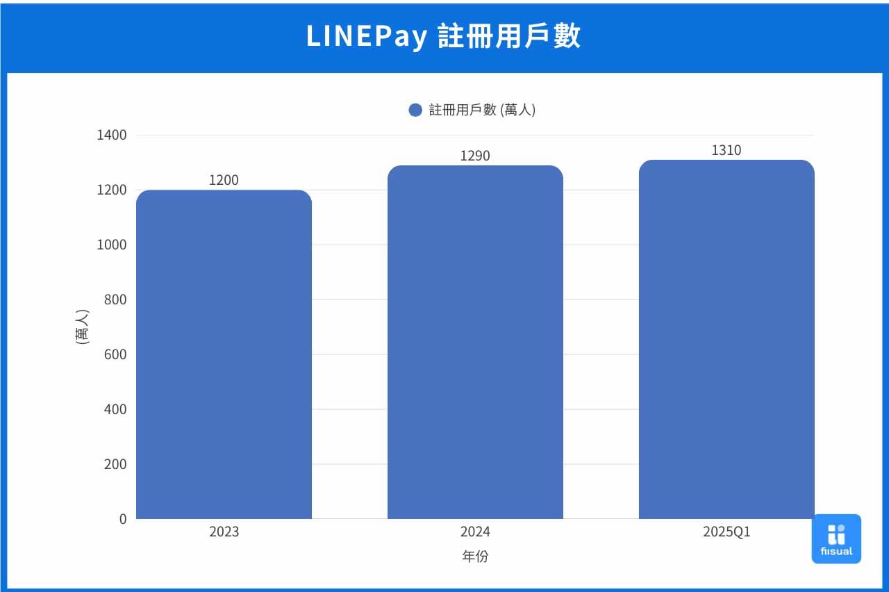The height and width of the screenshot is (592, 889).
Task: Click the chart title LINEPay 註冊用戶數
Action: pos(444,37)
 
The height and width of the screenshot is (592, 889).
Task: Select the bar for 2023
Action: pos(224,354)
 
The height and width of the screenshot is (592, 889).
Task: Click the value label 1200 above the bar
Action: pos(224,180)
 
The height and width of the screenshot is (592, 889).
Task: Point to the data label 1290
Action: pos(475,156)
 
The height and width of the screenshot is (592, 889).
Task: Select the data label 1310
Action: pos(726,150)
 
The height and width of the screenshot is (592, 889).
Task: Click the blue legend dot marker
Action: pos(415,110)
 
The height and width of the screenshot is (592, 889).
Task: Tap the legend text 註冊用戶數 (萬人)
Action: pos(482,110)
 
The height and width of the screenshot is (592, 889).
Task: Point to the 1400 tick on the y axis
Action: pos(112,135)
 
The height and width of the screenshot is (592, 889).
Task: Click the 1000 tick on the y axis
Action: pos(112,245)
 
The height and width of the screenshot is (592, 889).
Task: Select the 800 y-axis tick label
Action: pos(115,299)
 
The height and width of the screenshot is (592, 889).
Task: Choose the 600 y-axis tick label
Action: pos(115,354)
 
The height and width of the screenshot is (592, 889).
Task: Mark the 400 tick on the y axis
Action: pos(115,409)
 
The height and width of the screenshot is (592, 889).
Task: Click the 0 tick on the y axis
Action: pos(123,519)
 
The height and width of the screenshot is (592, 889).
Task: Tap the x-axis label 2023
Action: pos(224,532)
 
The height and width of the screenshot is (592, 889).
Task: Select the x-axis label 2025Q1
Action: pos(726,532)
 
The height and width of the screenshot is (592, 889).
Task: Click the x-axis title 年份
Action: pos(475,557)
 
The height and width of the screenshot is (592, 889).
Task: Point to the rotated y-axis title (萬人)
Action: pos(82,327)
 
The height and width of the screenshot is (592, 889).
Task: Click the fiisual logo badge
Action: pos(836,538)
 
